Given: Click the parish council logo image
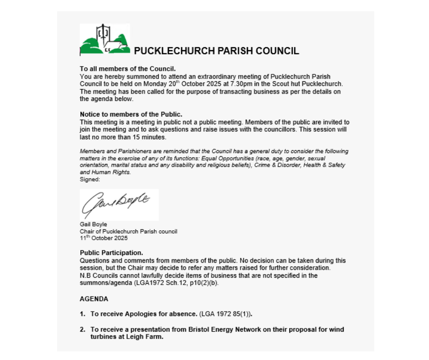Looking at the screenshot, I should (105, 39).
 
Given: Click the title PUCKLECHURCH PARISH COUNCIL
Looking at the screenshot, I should (216, 51).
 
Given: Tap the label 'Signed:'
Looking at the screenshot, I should (89, 180).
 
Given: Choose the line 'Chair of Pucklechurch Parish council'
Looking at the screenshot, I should (128, 231).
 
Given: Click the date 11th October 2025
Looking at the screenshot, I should (104, 238).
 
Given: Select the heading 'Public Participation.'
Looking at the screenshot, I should (111, 253).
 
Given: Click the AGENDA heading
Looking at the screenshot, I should (94, 299).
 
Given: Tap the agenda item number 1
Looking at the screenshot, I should (83, 314).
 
